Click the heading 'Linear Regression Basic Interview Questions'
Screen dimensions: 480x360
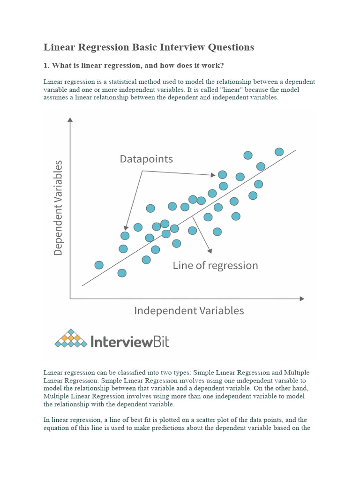(x=149, y=47)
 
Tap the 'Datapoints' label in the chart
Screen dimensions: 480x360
(x=146, y=159)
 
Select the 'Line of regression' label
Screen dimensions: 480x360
(x=215, y=266)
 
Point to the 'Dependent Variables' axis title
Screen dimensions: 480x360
(x=58, y=208)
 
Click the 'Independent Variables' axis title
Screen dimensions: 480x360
(x=189, y=310)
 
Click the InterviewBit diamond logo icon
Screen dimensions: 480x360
(x=71, y=338)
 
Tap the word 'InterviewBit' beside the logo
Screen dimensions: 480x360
(x=129, y=341)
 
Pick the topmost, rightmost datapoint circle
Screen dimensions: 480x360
(x=279, y=151)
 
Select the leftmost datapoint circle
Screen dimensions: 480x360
(x=99, y=265)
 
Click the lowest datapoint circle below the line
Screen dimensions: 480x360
(x=122, y=273)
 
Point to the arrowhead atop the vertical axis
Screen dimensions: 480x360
(x=70, y=120)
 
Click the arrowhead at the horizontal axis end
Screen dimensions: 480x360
(x=302, y=298)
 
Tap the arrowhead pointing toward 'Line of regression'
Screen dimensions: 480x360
(x=210, y=249)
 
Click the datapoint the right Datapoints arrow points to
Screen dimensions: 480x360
(x=222, y=175)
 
